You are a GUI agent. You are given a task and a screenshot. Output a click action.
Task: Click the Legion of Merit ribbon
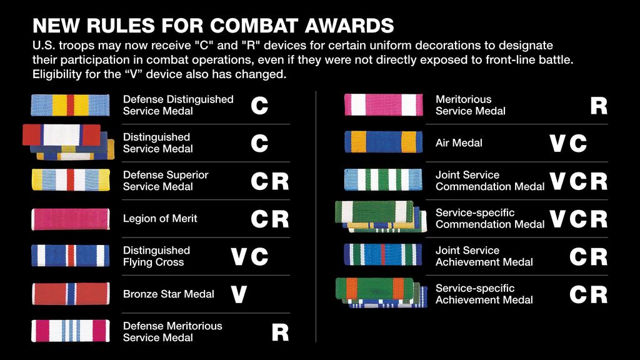pyautogui.click(x=70, y=219)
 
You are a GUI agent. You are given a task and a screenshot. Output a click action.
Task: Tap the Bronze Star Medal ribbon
pyautogui.click(x=70, y=294)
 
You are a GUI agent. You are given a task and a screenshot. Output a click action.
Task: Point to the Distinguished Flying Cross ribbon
pyautogui.click(x=70, y=256)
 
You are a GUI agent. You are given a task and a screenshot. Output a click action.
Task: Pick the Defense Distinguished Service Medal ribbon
pyautogui.click(x=70, y=105)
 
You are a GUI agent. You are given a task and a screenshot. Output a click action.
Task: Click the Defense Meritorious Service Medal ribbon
pyautogui.click(x=70, y=331)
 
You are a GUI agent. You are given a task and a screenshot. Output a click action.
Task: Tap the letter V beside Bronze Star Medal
pyautogui.click(x=239, y=294)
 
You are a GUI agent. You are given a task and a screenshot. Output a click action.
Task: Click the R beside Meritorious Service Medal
pyautogui.click(x=599, y=106)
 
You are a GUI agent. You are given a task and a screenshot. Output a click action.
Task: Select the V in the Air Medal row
pyautogui.click(x=557, y=144)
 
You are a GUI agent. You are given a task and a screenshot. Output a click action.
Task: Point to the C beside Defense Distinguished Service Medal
pyautogui.click(x=259, y=106)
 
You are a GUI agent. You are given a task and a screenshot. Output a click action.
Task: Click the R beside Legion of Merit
pyautogui.click(x=281, y=219)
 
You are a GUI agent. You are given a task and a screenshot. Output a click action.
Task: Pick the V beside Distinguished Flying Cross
pyautogui.click(x=239, y=257)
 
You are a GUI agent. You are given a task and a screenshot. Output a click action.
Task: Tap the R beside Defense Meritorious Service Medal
pyautogui.click(x=281, y=332)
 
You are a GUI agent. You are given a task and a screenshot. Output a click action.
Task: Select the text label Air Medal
pyautogui.click(x=459, y=143)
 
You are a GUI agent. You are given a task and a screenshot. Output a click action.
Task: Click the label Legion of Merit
pyautogui.click(x=160, y=219)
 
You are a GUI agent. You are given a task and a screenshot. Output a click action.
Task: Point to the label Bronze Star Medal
pyautogui.click(x=169, y=294)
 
